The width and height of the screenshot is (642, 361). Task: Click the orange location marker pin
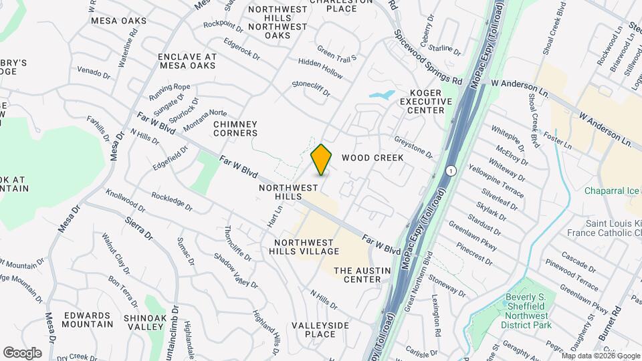pyautogui.click(x=322, y=160)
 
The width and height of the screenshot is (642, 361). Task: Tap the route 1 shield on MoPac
pyautogui.click(x=452, y=171)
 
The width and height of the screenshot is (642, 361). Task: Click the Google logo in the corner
pyautogui.click(x=22, y=352)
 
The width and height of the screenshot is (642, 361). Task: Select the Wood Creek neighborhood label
pyautogui.click(x=372, y=158)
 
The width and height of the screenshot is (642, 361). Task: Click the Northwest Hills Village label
pyautogui.click(x=306, y=247)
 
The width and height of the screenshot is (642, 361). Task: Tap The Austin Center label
pyautogui.click(x=357, y=275)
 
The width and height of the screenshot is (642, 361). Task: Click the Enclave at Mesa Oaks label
pyautogui.click(x=187, y=62)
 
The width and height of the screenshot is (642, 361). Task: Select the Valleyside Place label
pyautogui.click(x=321, y=330)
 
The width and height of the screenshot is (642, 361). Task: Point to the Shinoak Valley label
pyautogui.click(x=145, y=322)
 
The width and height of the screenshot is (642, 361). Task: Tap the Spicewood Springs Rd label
pyautogui.click(x=428, y=56)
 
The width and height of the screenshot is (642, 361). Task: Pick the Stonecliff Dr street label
pyautogui.click(x=311, y=88)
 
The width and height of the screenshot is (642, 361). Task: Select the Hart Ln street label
pyautogui.click(x=272, y=215)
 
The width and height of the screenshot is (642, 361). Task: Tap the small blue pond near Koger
pyautogui.click(x=381, y=95)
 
